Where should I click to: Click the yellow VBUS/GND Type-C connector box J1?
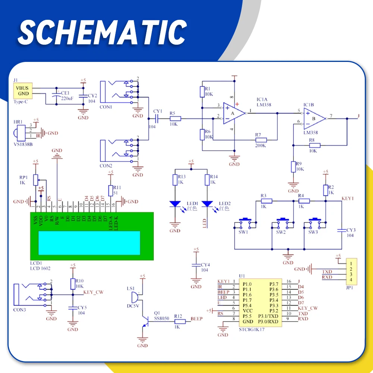(x=22, y=91)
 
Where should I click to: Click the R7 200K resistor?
(x=261, y=140)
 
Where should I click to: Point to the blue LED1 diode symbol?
(x=175, y=204)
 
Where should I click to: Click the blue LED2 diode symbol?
(x=207, y=204)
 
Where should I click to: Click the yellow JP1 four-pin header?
(x=351, y=272)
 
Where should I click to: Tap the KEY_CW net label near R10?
(x=93, y=292)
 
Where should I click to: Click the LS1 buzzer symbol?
(x=134, y=297)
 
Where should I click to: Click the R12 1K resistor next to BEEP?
(x=180, y=321)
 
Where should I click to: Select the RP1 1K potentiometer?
(x=36, y=180)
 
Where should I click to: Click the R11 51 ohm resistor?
(x=110, y=191)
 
